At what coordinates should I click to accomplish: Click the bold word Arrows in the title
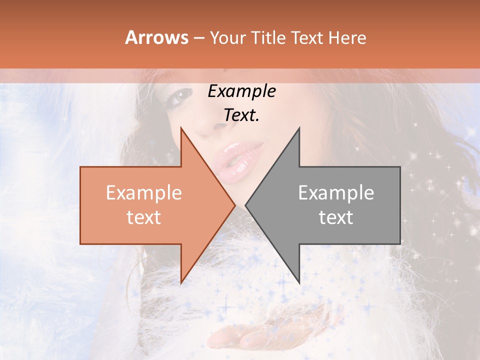pyautogui.click(x=157, y=37)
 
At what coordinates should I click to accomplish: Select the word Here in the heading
pyautogui.click(x=347, y=37)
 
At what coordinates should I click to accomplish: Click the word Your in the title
pyautogui.click(x=228, y=38)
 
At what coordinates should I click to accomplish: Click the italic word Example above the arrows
pyautogui.click(x=241, y=91)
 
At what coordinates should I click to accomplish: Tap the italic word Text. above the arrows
pyautogui.click(x=241, y=115)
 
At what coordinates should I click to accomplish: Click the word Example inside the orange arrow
pyautogui.click(x=143, y=193)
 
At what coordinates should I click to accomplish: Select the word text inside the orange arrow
pyautogui.click(x=143, y=217)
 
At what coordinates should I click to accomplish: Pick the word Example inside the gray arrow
pyautogui.click(x=336, y=193)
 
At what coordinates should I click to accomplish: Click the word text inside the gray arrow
pyautogui.click(x=336, y=217)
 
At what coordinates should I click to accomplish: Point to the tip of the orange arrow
pyautogui.click(x=234, y=205)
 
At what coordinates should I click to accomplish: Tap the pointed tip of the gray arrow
pyautogui.click(x=246, y=205)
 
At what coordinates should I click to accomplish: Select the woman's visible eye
pyautogui.click(x=181, y=94)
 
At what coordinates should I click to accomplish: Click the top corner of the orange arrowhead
pyautogui.click(x=181, y=128)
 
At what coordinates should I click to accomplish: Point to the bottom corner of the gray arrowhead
pyautogui.click(x=299, y=283)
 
